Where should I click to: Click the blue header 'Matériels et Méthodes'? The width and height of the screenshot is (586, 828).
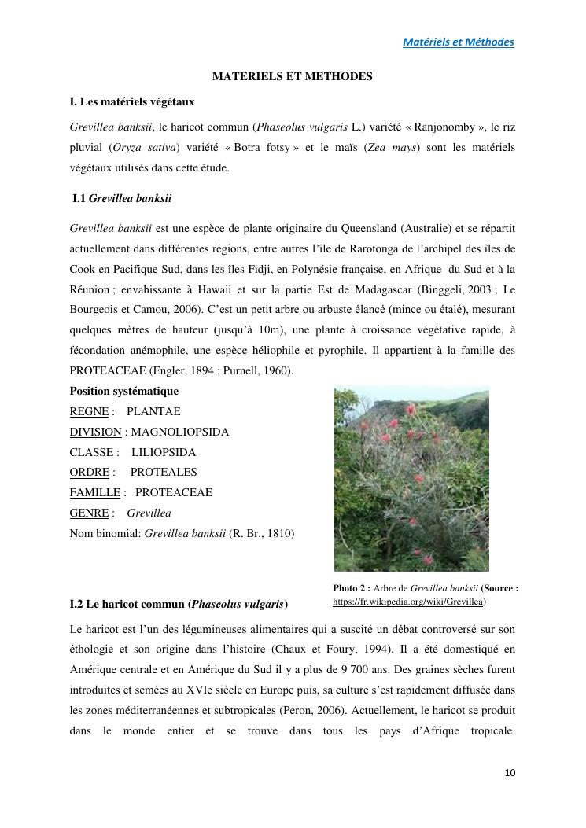click(458, 42)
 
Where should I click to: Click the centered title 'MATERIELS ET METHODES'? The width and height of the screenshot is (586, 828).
click(293, 76)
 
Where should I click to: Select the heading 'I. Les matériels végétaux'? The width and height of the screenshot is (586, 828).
click(132, 101)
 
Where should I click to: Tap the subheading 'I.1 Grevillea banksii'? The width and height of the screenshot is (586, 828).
click(122, 199)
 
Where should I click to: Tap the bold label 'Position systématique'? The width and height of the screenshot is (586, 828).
click(124, 392)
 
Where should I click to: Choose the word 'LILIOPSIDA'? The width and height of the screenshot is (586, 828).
click(164, 453)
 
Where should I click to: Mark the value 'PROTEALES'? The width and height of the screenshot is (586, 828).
click(164, 473)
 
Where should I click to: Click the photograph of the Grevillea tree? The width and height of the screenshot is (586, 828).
click(411, 479)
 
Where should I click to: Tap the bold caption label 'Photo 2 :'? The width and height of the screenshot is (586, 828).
click(352, 587)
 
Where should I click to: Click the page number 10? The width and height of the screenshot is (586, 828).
click(510, 773)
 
